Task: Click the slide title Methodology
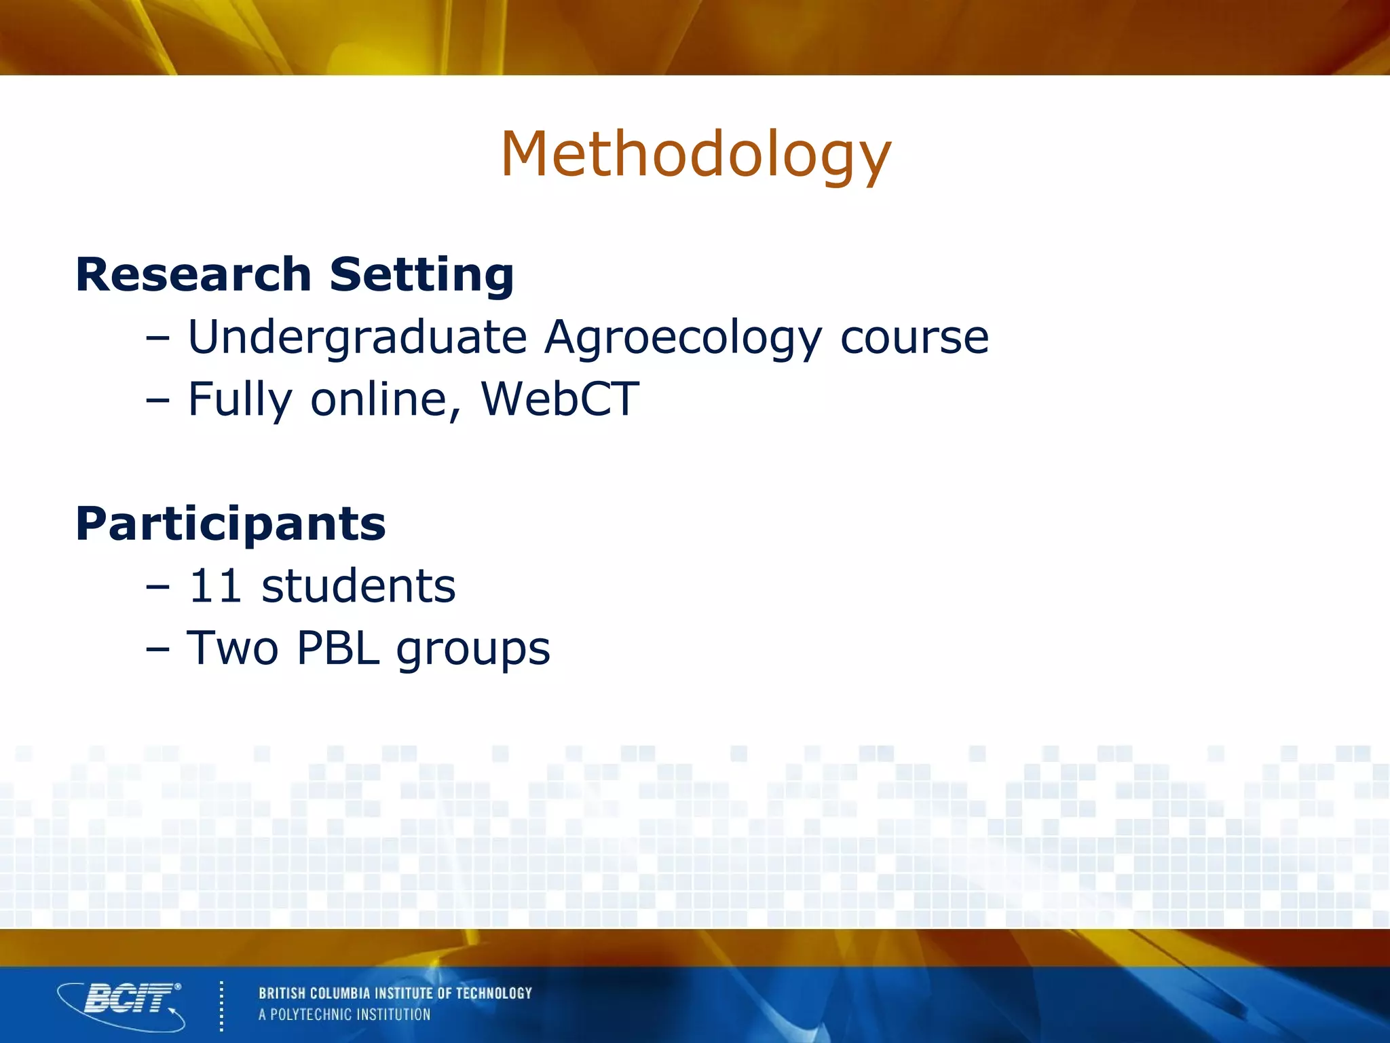click(x=695, y=155)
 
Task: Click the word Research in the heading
click(x=193, y=274)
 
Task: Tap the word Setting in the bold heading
click(x=421, y=274)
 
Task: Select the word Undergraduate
click(x=357, y=337)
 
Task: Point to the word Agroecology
click(x=683, y=337)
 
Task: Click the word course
click(x=914, y=337)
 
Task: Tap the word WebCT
click(x=560, y=399)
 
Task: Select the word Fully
click(x=240, y=400)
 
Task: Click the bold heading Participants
click(x=231, y=524)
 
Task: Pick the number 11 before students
click(x=214, y=585)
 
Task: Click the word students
click(x=358, y=585)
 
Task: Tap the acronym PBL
click(x=337, y=648)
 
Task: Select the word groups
click(x=473, y=649)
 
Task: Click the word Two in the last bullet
click(x=232, y=648)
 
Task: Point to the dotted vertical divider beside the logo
click(x=221, y=1006)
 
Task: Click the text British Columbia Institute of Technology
click(x=395, y=993)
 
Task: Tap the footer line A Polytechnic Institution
click(x=344, y=1014)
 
